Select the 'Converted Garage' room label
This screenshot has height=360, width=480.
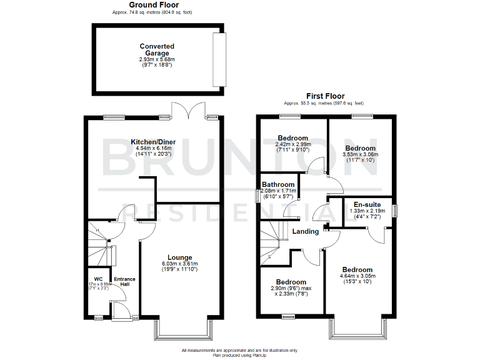tap(157, 50)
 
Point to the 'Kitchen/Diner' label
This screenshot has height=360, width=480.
tap(152, 142)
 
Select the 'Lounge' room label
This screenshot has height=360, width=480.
tap(179, 257)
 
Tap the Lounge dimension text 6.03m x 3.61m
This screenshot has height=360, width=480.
tap(179, 264)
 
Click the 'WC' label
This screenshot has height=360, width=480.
tap(98, 279)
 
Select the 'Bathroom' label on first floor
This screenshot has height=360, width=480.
tap(278, 185)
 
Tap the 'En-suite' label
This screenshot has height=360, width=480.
tap(367, 204)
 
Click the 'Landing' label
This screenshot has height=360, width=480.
tap(306, 232)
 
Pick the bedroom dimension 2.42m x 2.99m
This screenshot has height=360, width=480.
tap(293, 144)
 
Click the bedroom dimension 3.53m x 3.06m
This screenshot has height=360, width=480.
tap(360, 154)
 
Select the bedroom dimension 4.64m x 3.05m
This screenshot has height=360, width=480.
tap(357, 276)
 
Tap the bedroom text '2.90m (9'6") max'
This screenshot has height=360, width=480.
tap(291, 289)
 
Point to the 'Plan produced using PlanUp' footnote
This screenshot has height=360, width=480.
tap(240, 354)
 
